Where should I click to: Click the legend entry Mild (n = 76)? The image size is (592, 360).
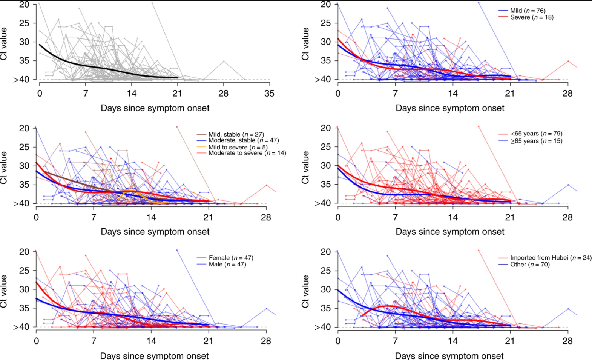528,11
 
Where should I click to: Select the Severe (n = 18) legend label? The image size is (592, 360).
532,17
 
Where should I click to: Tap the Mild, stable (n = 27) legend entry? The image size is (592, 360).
236,134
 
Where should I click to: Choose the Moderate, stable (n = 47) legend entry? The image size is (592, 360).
244,140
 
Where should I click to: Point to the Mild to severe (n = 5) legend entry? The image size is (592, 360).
238,147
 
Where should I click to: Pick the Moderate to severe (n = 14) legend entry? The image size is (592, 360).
247,153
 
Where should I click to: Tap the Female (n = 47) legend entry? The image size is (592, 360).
231,258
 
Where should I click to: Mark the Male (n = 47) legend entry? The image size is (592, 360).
227,264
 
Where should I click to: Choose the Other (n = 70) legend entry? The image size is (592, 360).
530,264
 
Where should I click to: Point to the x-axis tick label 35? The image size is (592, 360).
269,93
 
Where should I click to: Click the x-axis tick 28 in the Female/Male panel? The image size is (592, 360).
266,341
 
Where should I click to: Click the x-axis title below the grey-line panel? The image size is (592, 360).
155,108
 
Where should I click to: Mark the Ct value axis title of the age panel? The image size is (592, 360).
305,167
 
